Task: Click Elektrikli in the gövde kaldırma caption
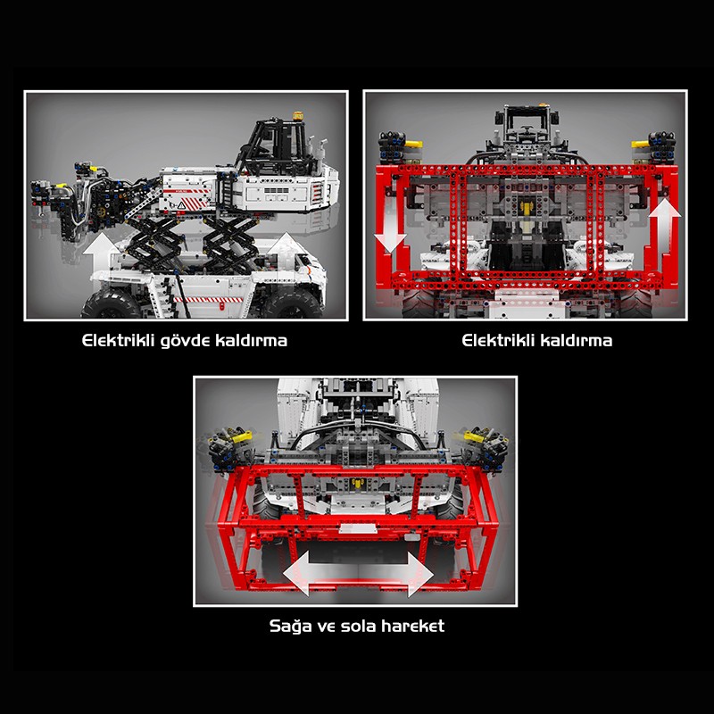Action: (119, 341)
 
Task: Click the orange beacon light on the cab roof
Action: (298, 116)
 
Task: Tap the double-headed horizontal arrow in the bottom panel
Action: (358, 573)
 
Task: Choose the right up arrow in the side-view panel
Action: (286, 248)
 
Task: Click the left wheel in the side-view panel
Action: (111, 304)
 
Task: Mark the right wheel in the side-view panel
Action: (292, 303)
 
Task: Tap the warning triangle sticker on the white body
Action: (181, 205)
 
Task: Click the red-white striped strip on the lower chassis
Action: (208, 300)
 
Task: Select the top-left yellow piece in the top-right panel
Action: (413, 144)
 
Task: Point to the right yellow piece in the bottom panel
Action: (473, 437)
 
